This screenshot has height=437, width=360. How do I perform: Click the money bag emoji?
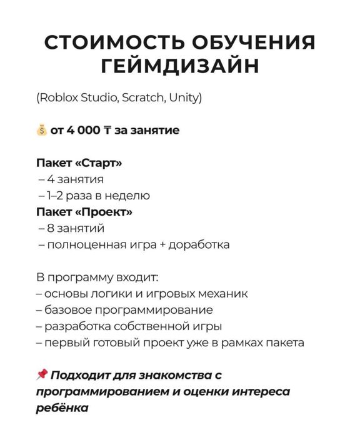point(41,131)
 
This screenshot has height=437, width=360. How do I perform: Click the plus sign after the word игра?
point(159,244)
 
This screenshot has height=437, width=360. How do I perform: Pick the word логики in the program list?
point(113,293)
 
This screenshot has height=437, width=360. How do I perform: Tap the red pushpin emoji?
point(42,374)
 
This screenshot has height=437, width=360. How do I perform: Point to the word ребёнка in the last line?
point(62,408)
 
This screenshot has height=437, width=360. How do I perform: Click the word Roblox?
point(58,98)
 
